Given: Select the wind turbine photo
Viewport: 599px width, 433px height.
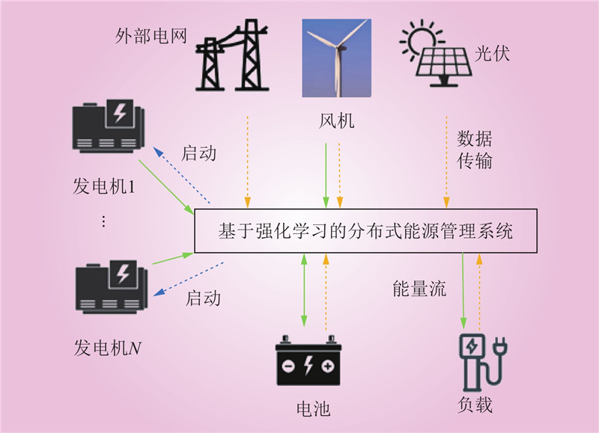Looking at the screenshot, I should [336, 58].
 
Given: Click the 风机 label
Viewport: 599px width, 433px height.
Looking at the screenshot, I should [337, 121].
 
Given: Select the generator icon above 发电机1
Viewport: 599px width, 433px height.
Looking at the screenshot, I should [109, 126].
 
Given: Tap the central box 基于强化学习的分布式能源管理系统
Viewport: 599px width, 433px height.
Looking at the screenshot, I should [366, 231].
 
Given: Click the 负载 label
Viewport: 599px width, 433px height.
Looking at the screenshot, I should [475, 405].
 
